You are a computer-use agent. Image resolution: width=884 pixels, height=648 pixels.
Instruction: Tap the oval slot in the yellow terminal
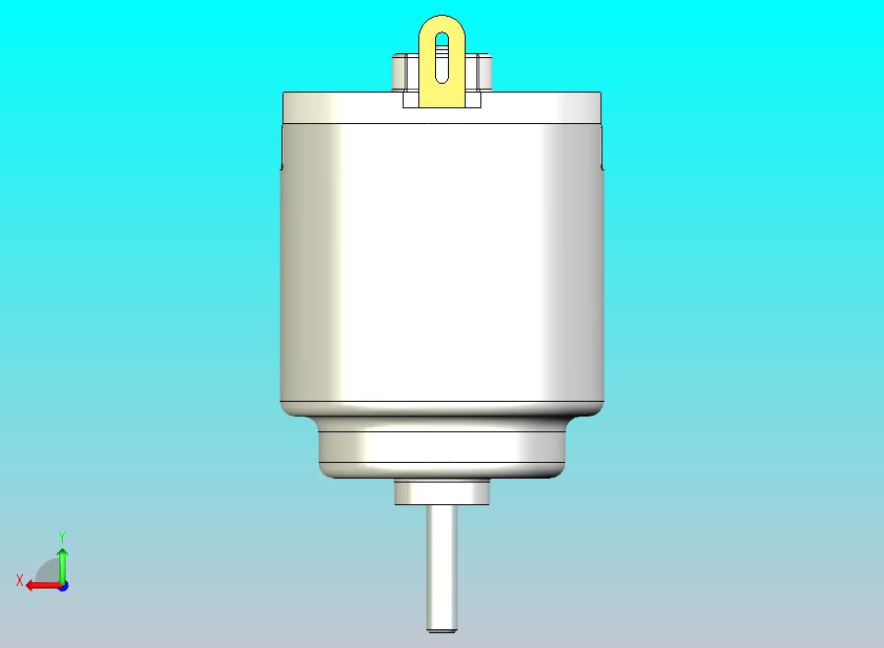pyautogui.click(x=442, y=57)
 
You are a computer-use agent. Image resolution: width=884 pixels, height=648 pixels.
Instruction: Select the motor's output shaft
pyautogui.click(x=441, y=568)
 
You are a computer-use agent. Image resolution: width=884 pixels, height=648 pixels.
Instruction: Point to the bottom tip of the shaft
pyautogui.click(x=441, y=631)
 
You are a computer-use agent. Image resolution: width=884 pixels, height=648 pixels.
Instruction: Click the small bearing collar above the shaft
pyautogui.click(x=441, y=492)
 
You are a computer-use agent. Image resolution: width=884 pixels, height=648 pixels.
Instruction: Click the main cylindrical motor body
pyautogui.click(x=441, y=262)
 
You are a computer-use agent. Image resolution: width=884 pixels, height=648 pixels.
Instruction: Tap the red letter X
pyautogui.click(x=20, y=580)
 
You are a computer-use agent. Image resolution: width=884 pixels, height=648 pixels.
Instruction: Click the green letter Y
pyautogui.click(x=62, y=536)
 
